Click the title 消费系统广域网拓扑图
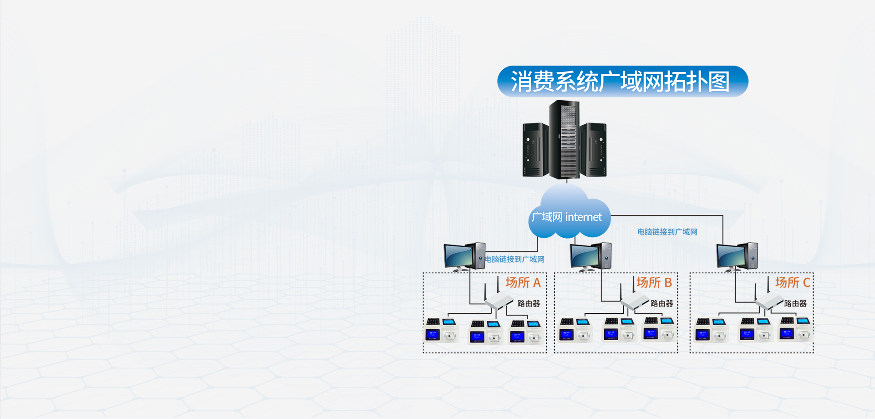622,82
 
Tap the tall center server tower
565,139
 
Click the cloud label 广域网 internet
567,217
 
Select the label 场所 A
523,283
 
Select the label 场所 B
654,283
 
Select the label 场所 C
793,283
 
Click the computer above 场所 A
464,256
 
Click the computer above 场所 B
590,256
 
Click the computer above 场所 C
737,256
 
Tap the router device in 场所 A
498,301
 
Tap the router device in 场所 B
634,301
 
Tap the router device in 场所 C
768,301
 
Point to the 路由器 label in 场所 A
529,304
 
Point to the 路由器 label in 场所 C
795,304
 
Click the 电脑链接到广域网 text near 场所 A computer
514,260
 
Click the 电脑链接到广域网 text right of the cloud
667,232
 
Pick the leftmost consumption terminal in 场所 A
441,331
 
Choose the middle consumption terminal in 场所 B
619,330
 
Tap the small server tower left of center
535,150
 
